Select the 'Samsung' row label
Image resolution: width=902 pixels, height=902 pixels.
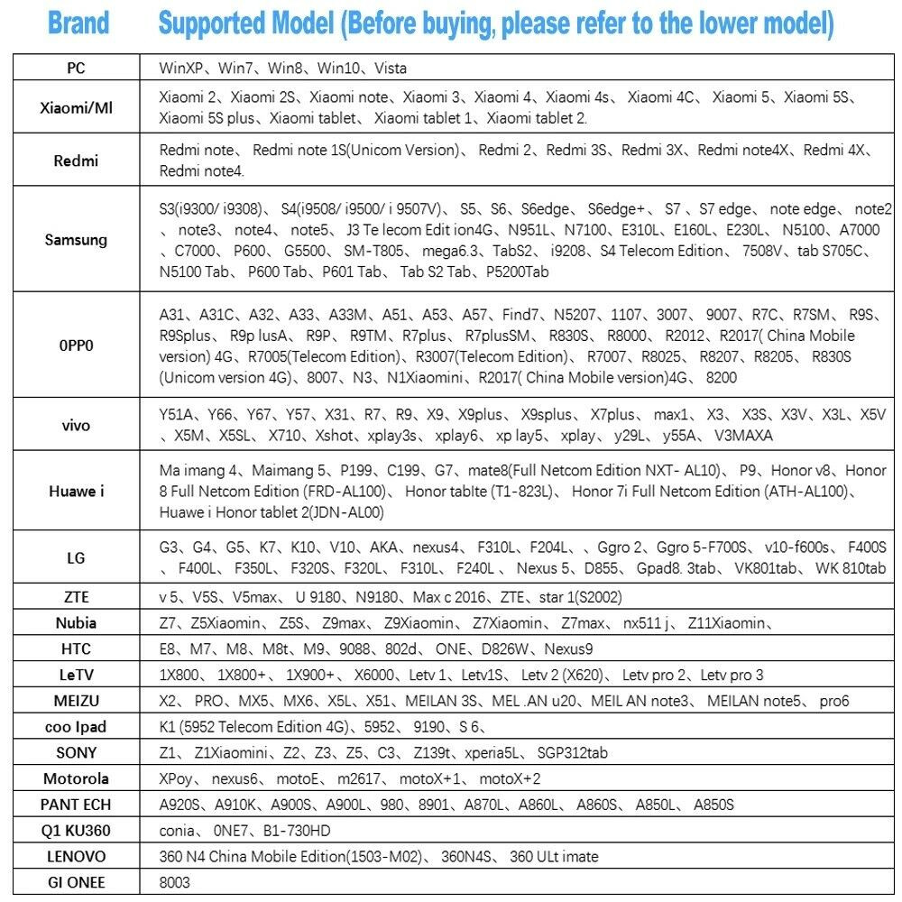(x=76, y=240)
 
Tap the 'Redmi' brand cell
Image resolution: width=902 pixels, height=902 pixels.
(x=76, y=161)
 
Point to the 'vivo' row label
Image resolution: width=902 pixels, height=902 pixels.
(x=76, y=425)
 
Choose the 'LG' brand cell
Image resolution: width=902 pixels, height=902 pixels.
(x=76, y=558)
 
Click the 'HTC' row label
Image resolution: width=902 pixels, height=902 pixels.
(x=76, y=649)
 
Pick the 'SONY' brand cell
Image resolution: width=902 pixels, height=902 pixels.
(x=76, y=752)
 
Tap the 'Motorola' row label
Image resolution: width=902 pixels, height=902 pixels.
(x=76, y=778)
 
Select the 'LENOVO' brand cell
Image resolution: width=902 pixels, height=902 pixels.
(x=76, y=856)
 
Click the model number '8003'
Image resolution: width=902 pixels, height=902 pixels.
(x=174, y=882)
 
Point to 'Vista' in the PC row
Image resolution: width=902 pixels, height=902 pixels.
(x=391, y=68)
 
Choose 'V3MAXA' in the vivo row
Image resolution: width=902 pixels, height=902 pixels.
(x=743, y=436)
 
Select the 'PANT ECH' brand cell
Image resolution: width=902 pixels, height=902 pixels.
(x=76, y=805)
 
